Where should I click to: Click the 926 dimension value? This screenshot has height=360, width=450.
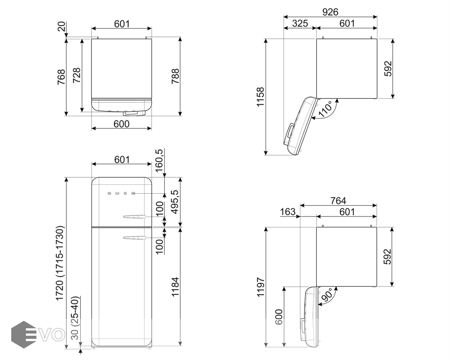point(330,12)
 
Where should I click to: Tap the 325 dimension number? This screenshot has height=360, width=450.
point(300,24)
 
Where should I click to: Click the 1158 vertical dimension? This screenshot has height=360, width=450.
point(260,97)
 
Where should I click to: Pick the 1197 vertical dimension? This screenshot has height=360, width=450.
point(260,287)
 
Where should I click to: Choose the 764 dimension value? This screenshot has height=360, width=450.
point(338,201)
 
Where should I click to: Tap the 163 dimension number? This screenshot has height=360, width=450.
point(288,212)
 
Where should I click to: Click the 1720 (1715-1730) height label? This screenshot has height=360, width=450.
point(60,263)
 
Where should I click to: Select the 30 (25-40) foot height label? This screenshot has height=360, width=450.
point(75,318)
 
